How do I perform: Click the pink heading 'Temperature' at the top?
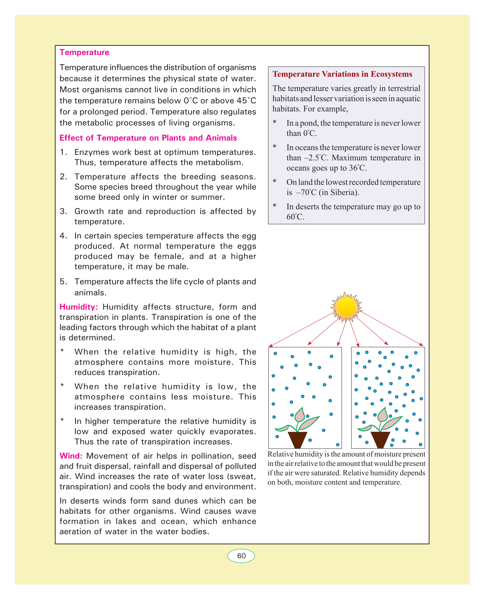[85, 53]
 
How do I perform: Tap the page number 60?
[241, 556]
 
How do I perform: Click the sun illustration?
[346, 307]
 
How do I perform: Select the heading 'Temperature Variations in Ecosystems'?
[342, 74]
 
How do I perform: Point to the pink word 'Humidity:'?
[78, 307]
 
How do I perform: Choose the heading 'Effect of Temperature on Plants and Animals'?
[148, 138]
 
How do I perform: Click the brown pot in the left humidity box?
[297, 440]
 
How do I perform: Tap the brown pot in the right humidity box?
[380, 440]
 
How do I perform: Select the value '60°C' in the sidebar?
[295, 217]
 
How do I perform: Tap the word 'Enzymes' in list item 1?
[91, 153]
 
